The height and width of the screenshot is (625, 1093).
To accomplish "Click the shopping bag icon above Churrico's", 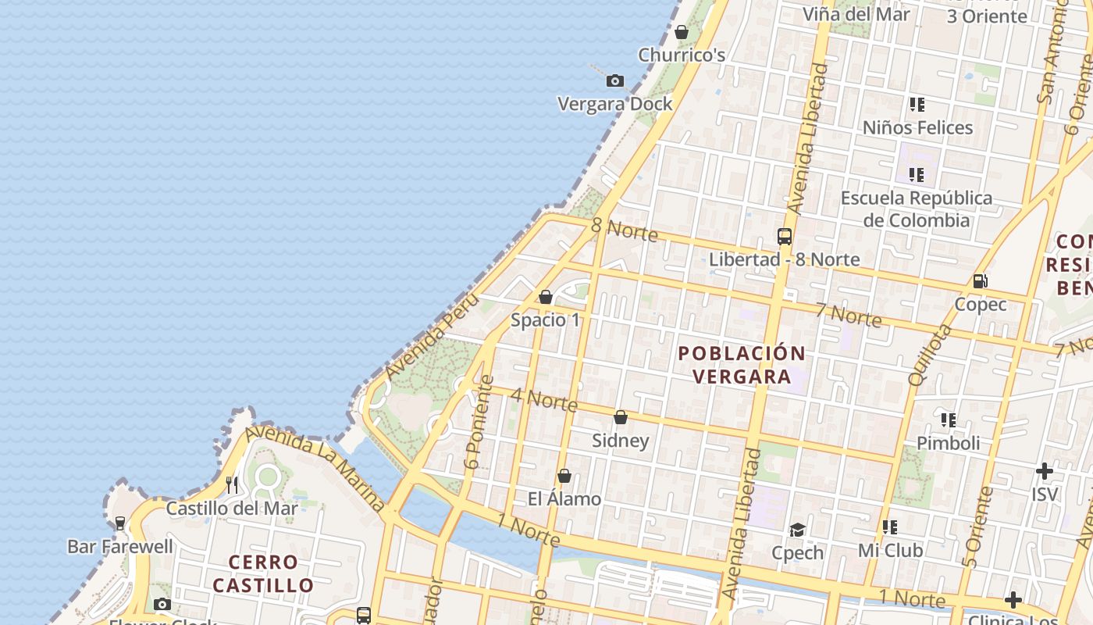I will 682,33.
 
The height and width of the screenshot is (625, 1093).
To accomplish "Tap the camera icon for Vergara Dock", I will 615,80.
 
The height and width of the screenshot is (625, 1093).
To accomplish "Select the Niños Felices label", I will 917,127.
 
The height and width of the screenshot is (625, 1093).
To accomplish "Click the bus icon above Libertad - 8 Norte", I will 785,236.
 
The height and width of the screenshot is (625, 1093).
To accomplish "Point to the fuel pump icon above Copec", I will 981,281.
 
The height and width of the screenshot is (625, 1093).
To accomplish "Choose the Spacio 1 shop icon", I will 546,298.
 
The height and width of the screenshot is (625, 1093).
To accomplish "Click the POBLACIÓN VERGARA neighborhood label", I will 742,365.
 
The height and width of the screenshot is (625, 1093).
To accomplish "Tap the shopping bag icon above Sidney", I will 621,418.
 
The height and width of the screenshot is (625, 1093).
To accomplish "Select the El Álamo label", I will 564,499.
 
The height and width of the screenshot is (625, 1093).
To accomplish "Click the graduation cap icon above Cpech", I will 797,530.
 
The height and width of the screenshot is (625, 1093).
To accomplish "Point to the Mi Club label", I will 890,551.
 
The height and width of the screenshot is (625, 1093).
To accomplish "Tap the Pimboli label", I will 948,443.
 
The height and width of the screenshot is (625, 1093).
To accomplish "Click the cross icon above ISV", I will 1045,471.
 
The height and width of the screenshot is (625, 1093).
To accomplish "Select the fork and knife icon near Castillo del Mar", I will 232,485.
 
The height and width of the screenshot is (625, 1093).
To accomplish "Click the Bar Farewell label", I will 120,546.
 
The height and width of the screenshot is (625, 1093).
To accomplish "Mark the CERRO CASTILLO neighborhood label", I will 263,573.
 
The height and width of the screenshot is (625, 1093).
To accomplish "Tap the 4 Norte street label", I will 544,399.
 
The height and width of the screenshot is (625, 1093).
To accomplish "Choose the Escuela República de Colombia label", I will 917,209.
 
